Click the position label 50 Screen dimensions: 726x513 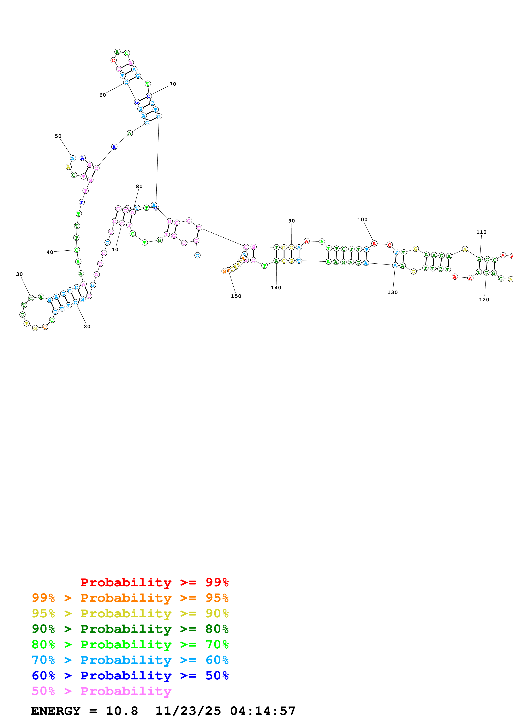click(x=58, y=136)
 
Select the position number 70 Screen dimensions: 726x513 click(x=173, y=84)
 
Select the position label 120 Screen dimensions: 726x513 click(x=484, y=300)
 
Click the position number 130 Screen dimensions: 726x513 click(x=393, y=292)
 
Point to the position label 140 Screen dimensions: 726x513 click(x=276, y=288)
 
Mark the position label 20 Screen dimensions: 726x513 click(x=87, y=327)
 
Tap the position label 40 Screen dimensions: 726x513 click(x=50, y=252)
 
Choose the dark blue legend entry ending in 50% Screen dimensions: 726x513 click(x=130, y=676)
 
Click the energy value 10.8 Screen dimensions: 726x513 click(x=122, y=711)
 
